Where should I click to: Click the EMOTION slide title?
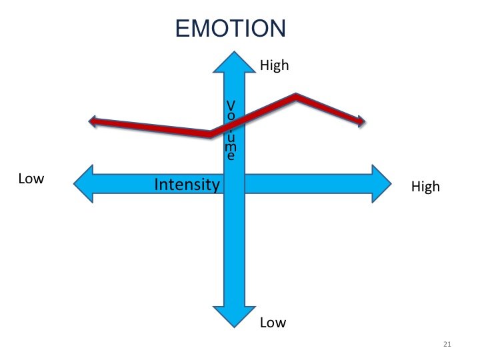(x=230, y=29)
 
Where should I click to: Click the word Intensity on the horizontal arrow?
(x=187, y=184)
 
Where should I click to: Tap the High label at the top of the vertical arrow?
(x=274, y=65)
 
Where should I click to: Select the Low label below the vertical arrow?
(x=273, y=323)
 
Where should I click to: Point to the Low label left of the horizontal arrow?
(x=31, y=179)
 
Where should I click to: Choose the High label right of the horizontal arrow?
(x=425, y=187)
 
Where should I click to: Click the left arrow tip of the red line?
(x=91, y=121)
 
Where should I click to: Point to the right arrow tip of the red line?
(x=363, y=122)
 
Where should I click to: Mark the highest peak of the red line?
(x=296, y=97)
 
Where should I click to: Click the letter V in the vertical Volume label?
(x=231, y=105)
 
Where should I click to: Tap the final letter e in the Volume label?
(x=231, y=157)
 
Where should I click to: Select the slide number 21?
(x=447, y=344)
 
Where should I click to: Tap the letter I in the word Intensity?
(x=157, y=184)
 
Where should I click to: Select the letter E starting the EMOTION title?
(x=183, y=29)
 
